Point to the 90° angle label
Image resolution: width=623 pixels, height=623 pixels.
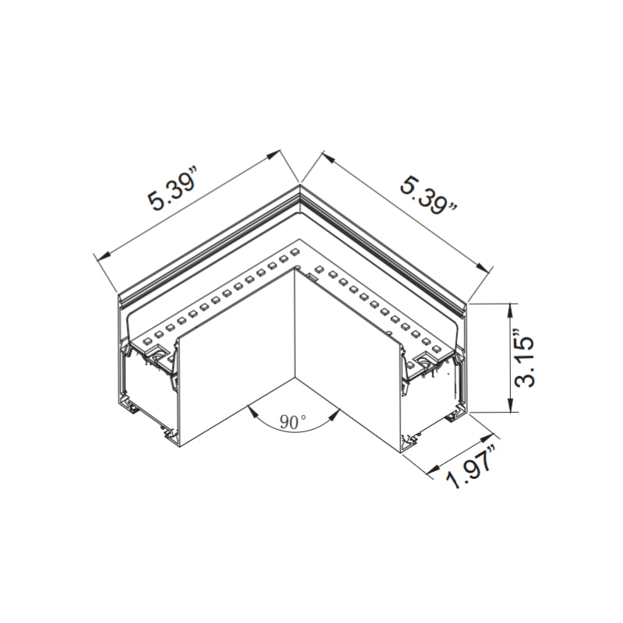click(294, 423)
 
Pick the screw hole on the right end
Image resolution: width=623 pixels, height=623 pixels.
click(425, 359)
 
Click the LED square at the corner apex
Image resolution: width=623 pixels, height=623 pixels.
click(296, 250)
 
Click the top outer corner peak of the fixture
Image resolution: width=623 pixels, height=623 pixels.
click(301, 185)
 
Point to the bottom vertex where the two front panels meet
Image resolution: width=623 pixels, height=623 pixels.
click(294, 380)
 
